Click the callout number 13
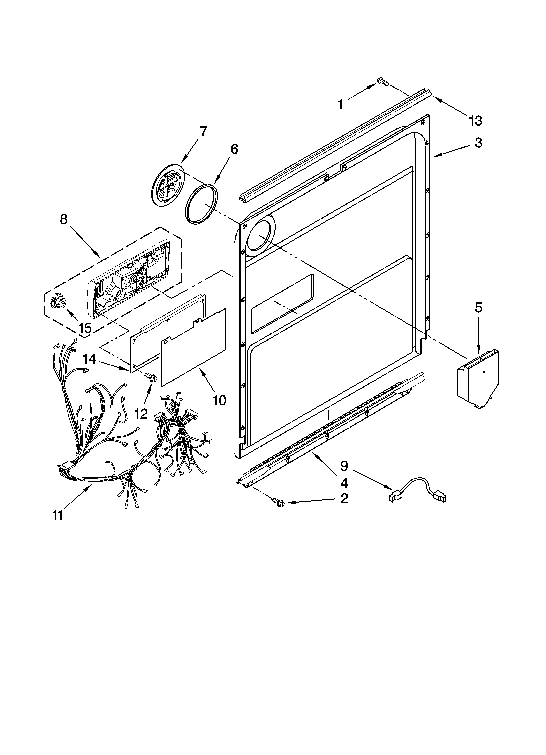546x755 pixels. click(476, 121)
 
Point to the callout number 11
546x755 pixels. click(58, 515)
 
